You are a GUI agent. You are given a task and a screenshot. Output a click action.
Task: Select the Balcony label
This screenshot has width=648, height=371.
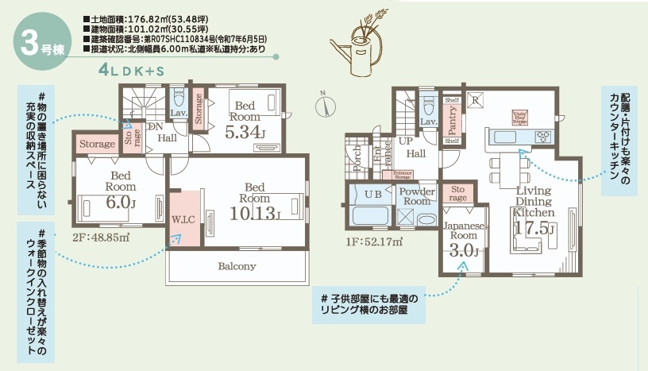point(236,266)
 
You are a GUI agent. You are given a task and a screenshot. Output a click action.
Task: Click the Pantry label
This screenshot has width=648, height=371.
point(452,121)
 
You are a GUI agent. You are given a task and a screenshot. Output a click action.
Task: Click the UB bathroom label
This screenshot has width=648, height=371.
point(372,194)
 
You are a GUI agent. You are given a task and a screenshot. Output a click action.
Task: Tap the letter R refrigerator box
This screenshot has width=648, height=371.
point(474,101)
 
